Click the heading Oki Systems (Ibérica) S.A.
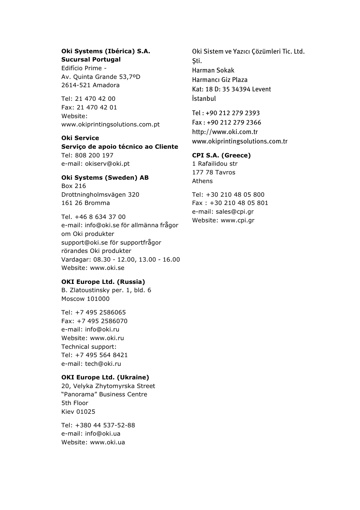(x=106, y=51)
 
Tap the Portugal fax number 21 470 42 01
(x=97, y=108)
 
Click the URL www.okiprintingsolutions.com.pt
(x=110, y=125)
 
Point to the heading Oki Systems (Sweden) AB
(x=105, y=178)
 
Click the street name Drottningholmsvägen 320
(x=100, y=195)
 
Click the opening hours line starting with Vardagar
(x=120, y=260)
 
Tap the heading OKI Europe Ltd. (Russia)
(x=103, y=282)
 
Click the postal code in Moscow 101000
(x=98, y=299)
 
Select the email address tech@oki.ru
(x=103, y=364)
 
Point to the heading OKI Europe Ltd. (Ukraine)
(x=105, y=377)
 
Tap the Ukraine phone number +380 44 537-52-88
(x=105, y=425)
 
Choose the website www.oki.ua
(x=108, y=442)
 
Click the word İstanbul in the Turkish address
(x=204, y=99)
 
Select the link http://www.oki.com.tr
(x=225, y=132)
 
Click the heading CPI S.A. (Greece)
(x=221, y=156)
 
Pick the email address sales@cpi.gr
(x=235, y=212)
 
